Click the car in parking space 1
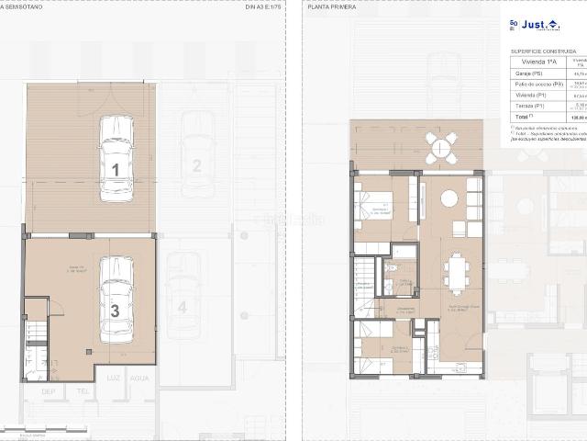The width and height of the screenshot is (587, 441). tap(116, 157)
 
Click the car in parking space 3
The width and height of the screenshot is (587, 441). tap(116, 300)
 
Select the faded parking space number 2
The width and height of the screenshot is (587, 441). tap(196, 165)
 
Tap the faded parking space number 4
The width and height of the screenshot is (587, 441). tap(183, 307)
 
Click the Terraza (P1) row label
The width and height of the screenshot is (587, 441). tap(528, 107)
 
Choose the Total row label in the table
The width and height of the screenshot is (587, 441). tap(524, 118)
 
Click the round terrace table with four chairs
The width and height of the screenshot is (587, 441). tap(441, 147)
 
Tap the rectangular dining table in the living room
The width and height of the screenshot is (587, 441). tap(455, 274)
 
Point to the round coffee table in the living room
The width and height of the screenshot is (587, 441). tap(449, 198)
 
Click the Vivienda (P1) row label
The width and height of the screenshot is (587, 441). tap(528, 96)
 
